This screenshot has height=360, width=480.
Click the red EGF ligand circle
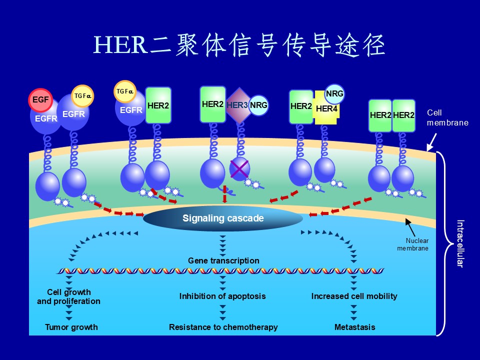coord(40,100)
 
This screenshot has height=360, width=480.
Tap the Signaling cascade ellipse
coord(223,218)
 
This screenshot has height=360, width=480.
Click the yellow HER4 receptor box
coord(326,108)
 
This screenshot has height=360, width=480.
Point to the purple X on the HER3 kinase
coord(239,168)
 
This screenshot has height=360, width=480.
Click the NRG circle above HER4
coord(334,93)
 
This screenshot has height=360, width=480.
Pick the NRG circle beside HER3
coord(259,105)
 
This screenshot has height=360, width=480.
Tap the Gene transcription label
coord(223,260)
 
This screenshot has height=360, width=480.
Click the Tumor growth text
coord(71,327)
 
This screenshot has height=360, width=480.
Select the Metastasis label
coord(354,327)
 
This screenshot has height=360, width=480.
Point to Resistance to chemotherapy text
coord(223,327)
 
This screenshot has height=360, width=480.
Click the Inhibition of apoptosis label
coord(222,296)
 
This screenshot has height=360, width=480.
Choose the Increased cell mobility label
coord(354,296)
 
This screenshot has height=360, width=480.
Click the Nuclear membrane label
coord(413,244)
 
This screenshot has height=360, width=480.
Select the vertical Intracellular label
coord(460,244)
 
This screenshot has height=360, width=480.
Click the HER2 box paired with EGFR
coord(158,105)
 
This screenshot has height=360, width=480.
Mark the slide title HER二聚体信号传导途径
coord(239,45)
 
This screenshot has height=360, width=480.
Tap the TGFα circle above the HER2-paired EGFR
coord(125,91)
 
